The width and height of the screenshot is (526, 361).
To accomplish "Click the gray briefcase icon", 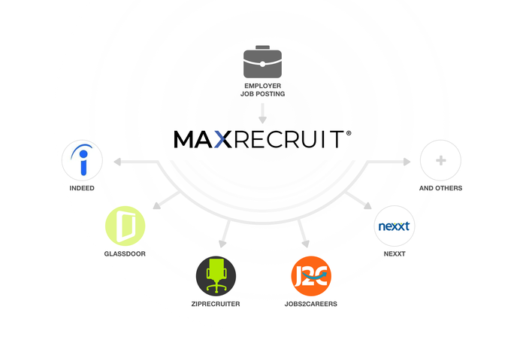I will point(262,63).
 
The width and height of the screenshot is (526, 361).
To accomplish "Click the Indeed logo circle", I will point(82,160).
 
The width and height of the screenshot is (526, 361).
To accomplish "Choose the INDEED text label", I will point(82,188).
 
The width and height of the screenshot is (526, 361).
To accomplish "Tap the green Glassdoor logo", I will point(125,226).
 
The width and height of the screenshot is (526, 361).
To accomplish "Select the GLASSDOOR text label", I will point(125,254).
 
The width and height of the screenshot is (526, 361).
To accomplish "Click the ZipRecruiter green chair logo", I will point(216,276).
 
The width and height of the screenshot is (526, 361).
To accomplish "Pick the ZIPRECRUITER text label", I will point(216,305).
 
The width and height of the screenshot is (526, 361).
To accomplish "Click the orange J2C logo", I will point(311,276).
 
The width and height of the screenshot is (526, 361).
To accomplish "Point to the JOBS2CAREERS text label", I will point(311,305).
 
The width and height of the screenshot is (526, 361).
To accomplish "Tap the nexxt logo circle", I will point(394,226).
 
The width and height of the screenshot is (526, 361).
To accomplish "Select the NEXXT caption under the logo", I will point(394,254).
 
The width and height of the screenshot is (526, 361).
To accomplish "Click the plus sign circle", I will point(440,160).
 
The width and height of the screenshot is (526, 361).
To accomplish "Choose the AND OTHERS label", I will point(440,188).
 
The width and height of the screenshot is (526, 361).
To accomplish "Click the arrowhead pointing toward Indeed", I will point(116,160).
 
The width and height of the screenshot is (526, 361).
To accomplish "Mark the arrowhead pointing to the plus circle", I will point(407,160).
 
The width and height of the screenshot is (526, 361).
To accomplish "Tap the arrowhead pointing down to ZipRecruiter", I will point(222,243).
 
